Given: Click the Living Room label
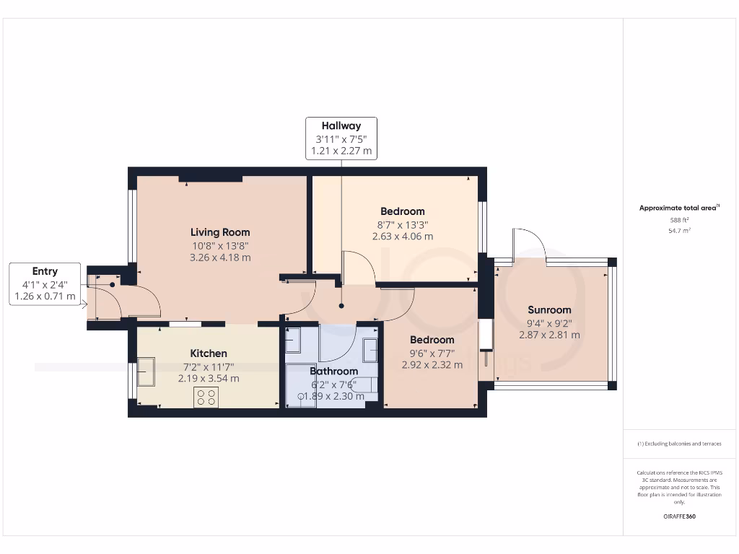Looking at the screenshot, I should click(220, 232).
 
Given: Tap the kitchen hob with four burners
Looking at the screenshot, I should click(206, 397).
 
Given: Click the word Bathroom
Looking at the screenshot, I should click(333, 371).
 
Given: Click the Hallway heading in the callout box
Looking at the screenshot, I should click(341, 126).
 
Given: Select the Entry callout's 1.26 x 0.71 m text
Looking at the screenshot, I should click(45, 296).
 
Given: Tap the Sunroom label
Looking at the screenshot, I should click(549, 310).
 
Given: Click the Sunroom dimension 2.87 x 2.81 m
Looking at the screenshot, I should click(549, 335).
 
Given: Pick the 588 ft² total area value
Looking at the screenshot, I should click(681, 220).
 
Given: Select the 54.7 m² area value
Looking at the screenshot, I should click(681, 230).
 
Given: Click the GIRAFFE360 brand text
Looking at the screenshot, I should click(681, 516).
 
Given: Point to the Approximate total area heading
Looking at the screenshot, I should click(679, 208).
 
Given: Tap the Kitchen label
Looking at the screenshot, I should click(209, 353).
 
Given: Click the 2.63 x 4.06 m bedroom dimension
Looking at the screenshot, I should click(403, 236).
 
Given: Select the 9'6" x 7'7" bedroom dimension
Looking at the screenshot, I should click(432, 353).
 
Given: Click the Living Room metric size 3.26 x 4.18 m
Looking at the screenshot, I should click(220, 257).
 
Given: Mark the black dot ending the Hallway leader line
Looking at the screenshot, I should click(341, 306).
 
